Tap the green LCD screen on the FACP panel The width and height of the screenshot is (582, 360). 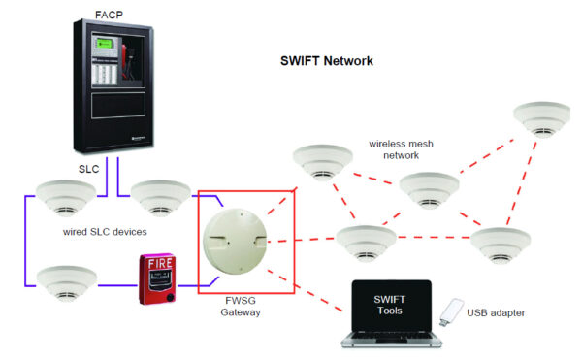pyautogui.click(x=107, y=46)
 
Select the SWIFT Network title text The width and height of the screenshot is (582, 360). pyautogui.click(x=327, y=61)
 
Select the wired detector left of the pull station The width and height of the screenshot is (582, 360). pyautogui.click(x=67, y=282)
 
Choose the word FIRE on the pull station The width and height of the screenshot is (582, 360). pyautogui.click(x=161, y=263)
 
